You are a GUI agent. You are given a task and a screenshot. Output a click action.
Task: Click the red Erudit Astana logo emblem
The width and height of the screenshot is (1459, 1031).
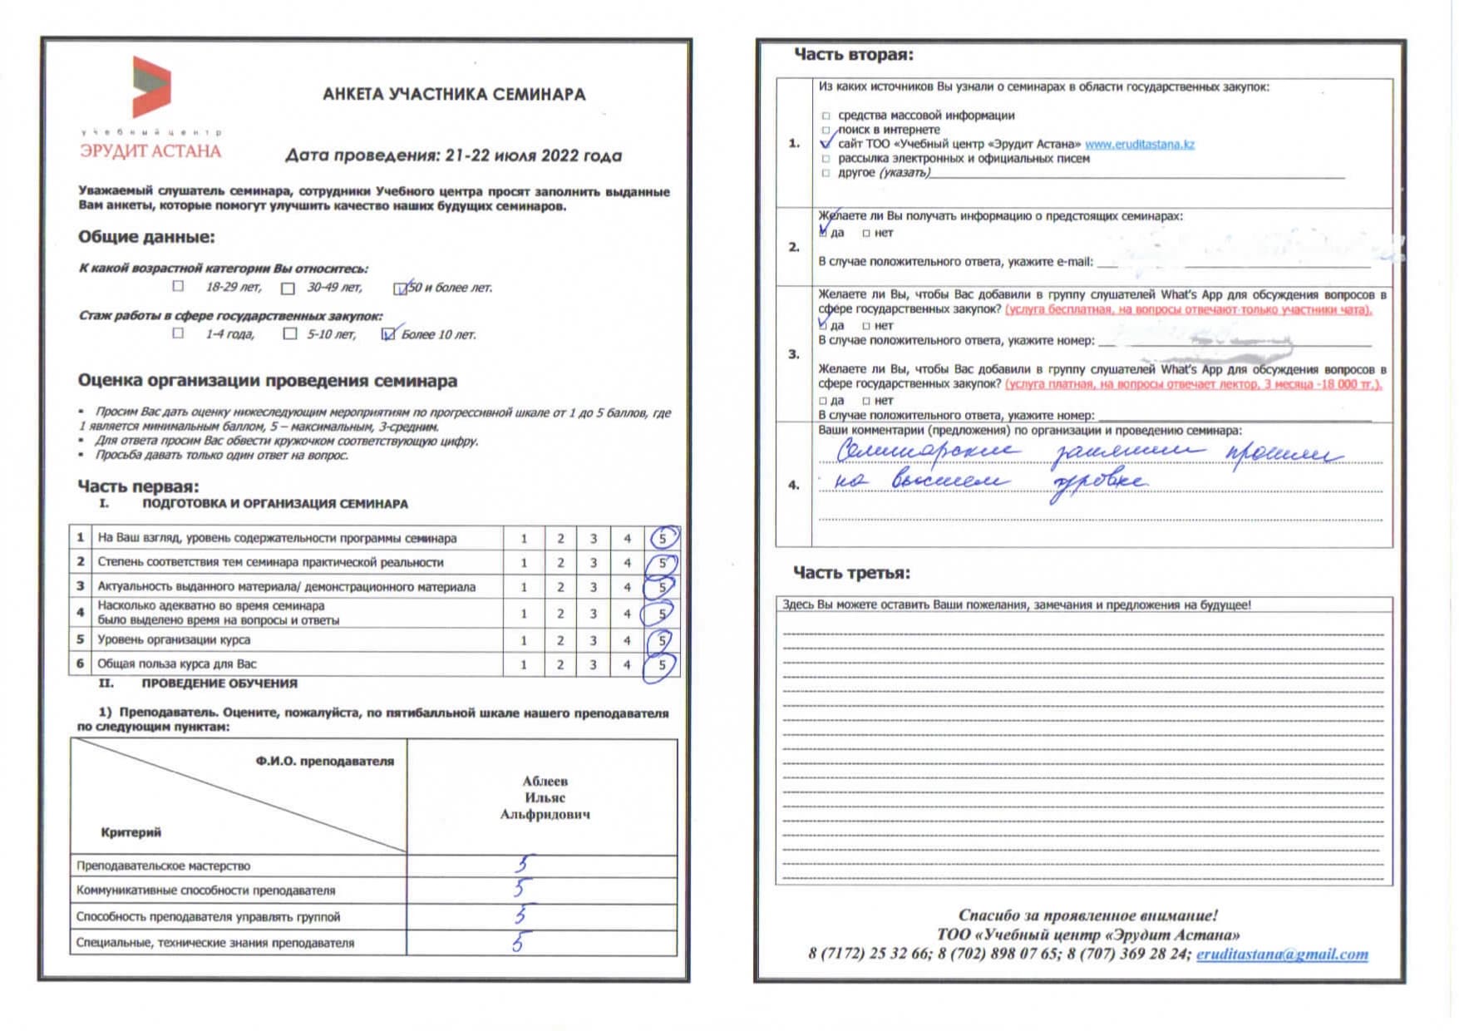click(x=151, y=86)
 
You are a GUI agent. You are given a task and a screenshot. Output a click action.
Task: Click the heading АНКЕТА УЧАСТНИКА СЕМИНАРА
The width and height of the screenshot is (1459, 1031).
click(x=454, y=94)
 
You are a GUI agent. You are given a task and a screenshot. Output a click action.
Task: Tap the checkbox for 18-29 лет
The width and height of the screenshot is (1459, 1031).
click(x=178, y=286)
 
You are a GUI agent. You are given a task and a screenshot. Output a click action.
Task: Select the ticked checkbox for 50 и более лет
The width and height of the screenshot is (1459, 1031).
click(x=401, y=289)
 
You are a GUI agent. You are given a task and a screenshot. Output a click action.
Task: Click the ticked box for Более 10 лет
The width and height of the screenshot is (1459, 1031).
click(x=388, y=334)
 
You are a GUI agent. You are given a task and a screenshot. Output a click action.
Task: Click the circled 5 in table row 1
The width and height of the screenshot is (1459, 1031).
click(x=663, y=538)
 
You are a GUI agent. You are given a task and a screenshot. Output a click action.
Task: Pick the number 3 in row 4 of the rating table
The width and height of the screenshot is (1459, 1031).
click(x=594, y=614)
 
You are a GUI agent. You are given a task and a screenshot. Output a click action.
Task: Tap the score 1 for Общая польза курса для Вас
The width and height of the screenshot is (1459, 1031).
click(x=524, y=664)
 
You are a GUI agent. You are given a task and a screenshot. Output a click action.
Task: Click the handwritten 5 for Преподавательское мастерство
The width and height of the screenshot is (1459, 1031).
click(x=521, y=865)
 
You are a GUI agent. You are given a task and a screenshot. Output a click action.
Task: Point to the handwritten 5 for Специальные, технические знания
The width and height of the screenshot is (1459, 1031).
click(x=518, y=942)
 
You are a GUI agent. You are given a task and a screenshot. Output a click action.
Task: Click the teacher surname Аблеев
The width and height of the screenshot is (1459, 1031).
click(x=545, y=781)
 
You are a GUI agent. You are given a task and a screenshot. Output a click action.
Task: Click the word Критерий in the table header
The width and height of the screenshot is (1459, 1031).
click(x=131, y=832)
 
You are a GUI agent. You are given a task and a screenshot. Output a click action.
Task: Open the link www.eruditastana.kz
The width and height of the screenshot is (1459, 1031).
click(x=1139, y=144)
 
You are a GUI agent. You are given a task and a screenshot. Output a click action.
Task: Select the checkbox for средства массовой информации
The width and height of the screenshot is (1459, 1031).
click(x=826, y=116)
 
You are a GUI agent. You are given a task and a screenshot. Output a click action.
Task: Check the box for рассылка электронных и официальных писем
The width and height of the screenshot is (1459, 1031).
click(x=826, y=158)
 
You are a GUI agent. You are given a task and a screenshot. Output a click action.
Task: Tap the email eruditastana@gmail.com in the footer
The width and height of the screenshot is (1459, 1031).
click(x=1281, y=955)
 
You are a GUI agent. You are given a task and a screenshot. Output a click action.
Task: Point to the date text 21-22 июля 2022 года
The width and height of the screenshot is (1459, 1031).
click(x=533, y=155)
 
